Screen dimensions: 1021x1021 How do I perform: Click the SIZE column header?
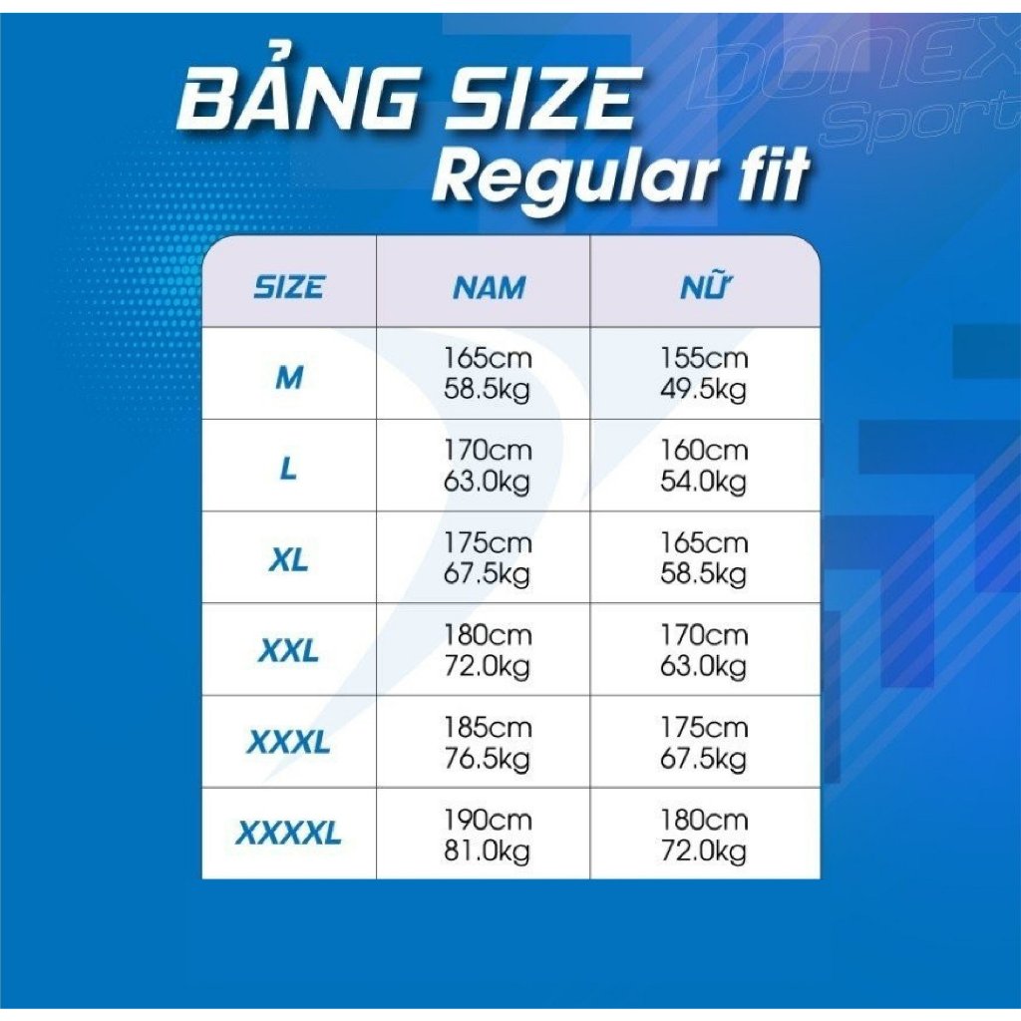288,287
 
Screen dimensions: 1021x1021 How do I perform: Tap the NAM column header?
489,288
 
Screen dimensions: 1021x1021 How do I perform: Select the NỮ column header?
705,286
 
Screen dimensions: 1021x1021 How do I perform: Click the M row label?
289,377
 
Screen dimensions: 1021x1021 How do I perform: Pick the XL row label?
288,560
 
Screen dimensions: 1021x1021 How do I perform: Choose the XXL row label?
288,651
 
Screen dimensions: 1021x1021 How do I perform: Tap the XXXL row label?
288,742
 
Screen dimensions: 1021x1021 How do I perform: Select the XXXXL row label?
288,834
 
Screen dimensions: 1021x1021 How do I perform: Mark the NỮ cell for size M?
704,374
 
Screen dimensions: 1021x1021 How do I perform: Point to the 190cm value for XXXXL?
488,820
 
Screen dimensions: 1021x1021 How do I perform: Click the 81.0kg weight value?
487,851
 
